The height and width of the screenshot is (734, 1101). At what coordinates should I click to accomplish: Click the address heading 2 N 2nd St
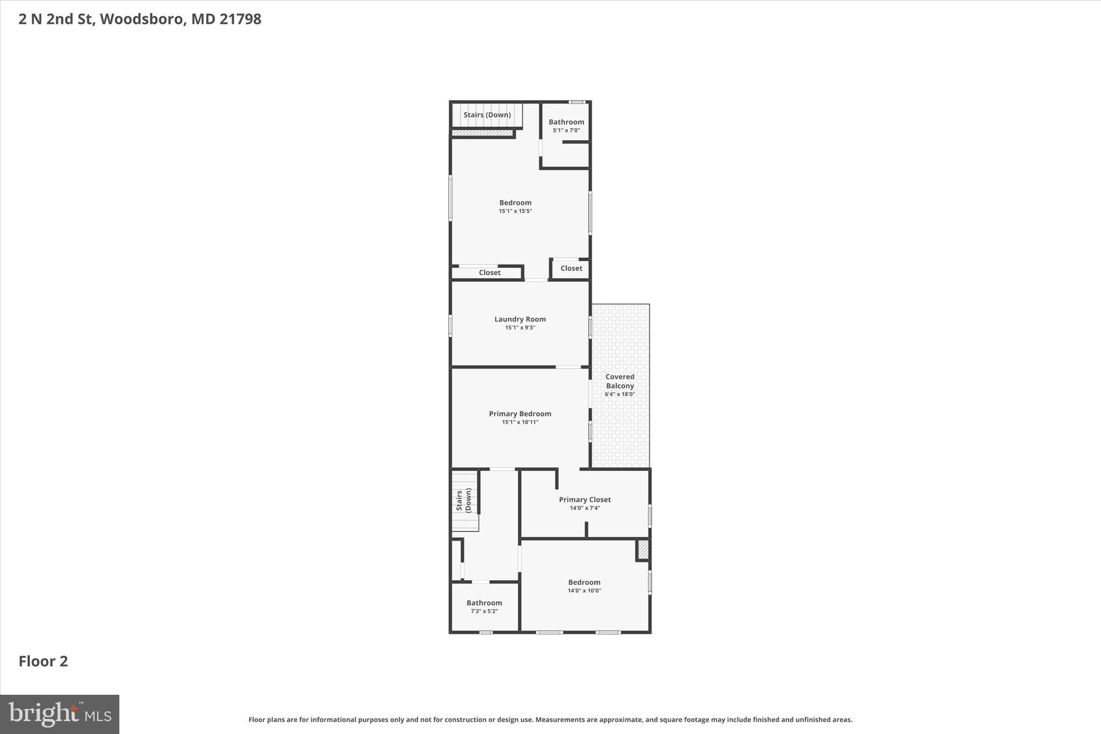coord(140,19)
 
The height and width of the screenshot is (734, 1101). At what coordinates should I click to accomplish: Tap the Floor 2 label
coord(44,661)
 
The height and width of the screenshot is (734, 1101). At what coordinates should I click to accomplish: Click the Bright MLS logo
coord(60,714)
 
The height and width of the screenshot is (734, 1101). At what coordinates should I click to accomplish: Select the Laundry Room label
coord(520,319)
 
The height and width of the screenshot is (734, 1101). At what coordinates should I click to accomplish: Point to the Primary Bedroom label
coord(520,414)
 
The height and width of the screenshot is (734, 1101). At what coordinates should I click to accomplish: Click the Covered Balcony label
coord(620,381)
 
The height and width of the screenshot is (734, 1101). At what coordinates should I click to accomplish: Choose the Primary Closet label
coord(585,500)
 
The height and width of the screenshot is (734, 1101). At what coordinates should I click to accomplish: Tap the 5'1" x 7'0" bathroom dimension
coord(566,131)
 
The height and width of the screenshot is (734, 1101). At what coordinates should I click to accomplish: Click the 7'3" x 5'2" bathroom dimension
coord(484,611)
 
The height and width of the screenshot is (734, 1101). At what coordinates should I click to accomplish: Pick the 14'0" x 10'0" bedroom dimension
coord(584,591)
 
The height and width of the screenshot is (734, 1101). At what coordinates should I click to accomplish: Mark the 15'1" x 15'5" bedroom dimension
coord(515,211)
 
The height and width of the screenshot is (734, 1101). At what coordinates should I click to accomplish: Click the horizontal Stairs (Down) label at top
coord(487,115)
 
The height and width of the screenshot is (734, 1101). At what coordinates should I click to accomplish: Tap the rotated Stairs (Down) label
coord(464,500)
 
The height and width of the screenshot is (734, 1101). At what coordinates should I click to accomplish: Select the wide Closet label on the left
coord(490,273)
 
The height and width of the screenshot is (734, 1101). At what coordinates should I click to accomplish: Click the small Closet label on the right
coord(571,268)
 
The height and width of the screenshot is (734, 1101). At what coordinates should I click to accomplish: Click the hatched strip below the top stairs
coord(482,133)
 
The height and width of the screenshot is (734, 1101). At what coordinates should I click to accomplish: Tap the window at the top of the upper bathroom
coord(577,102)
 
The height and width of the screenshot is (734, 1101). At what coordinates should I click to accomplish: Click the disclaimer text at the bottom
coord(550,719)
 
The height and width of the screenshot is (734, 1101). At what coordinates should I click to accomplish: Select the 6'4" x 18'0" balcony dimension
coord(620,395)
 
